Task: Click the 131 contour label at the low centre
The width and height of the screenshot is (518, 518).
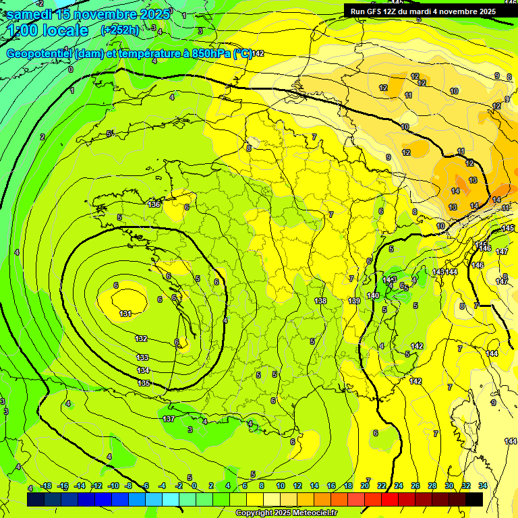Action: (x=125, y=314)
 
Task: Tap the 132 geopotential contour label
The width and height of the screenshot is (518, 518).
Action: (x=142, y=339)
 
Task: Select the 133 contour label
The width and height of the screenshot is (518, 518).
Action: (x=142, y=357)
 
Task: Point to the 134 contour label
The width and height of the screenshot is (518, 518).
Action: (x=143, y=370)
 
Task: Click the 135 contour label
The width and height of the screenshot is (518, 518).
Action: (x=144, y=383)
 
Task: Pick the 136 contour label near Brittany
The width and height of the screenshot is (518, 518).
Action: (x=154, y=204)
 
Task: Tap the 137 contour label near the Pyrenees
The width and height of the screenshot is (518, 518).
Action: (x=169, y=419)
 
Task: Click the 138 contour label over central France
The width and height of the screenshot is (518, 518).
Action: (x=320, y=301)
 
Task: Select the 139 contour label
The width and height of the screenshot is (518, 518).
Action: (x=353, y=301)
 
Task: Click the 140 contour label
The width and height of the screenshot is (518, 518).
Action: (x=373, y=295)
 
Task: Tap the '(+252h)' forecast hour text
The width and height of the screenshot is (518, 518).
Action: (x=120, y=30)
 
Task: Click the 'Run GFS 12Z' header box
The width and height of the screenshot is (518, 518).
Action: (x=423, y=11)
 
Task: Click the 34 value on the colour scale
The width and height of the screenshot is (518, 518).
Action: (x=483, y=486)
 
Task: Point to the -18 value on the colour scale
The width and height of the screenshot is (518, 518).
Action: (x=47, y=486)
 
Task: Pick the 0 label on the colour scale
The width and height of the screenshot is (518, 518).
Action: (x=194, y=486)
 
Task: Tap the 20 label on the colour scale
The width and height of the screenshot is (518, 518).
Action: (x=365, y=486)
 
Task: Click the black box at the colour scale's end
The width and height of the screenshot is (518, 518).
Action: (x=474, y=499)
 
